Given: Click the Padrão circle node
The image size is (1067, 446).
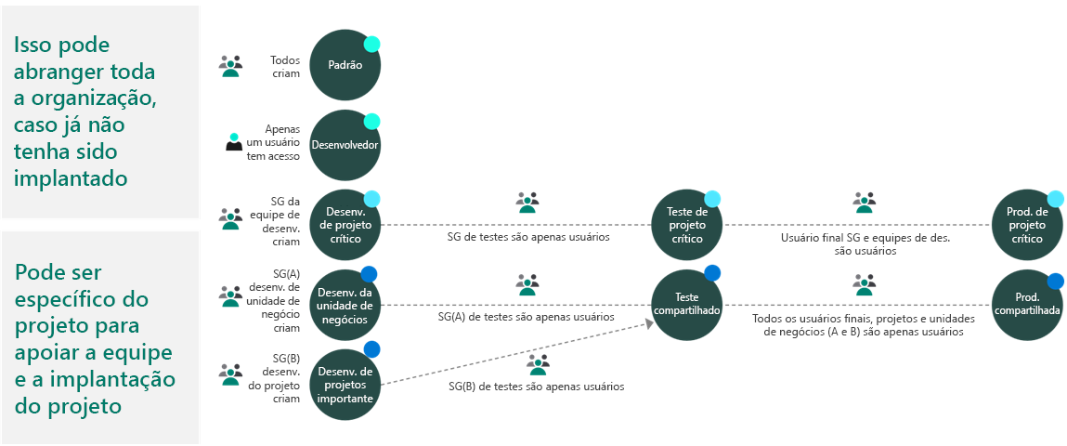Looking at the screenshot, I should pyautogui.click(x=345, y=65).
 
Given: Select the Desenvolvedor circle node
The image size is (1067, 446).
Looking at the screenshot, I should pyautogui.click(x=345, y=145).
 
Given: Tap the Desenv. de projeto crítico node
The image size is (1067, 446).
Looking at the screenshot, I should pyautogui.click(x=345, y=225).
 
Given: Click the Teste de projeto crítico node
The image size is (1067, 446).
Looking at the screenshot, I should pyautogui.click(x=687, y=225).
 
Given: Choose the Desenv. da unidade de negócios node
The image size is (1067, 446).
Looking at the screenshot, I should pyautogui.click(x=345, y=305).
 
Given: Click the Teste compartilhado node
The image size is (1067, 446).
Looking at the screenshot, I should pyautogui.click(x=687, y=305).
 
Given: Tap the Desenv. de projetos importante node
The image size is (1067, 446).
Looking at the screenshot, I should pyautogui.click(x=345, y=385).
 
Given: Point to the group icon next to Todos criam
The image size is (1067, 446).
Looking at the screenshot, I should pyautogui.click(x=230, y=65).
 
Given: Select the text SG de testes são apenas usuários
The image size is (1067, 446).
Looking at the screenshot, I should pyautogui.click(x=527, y=237).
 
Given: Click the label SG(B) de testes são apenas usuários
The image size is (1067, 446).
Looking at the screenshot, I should pyautogui.click(x=536, y=386).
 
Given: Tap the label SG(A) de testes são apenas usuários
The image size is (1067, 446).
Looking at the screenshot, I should pyautogui.click(x=526, y=317).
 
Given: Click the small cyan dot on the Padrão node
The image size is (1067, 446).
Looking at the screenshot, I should pyautogui.click(x=371, y=44).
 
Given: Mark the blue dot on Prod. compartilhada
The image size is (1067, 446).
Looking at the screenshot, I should pyautogui.click(x=1055, y=282).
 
